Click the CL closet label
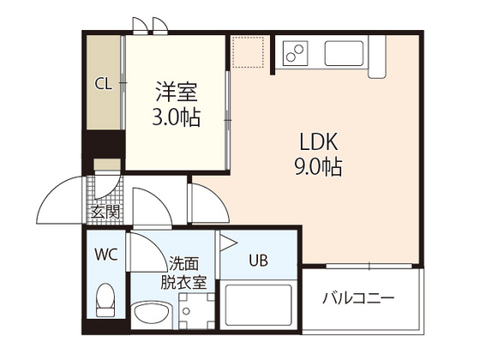pos(103,83)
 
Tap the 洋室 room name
pos(177,90)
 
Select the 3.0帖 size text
pos(177,117)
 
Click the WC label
pos(106,254)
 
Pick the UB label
pos(257,260)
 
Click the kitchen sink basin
pos(345,53)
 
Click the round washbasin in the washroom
pos(148,310)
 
